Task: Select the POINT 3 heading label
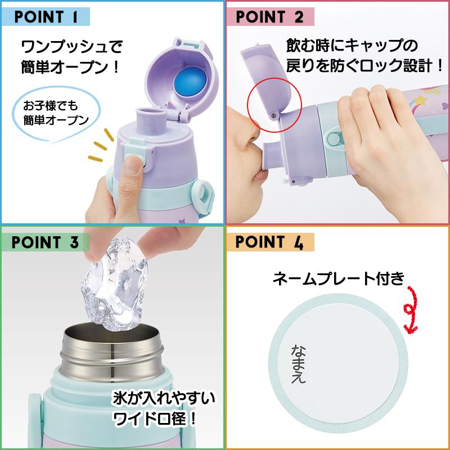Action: click(x=45, y=242)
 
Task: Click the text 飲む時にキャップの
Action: click(x=338, y=45)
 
